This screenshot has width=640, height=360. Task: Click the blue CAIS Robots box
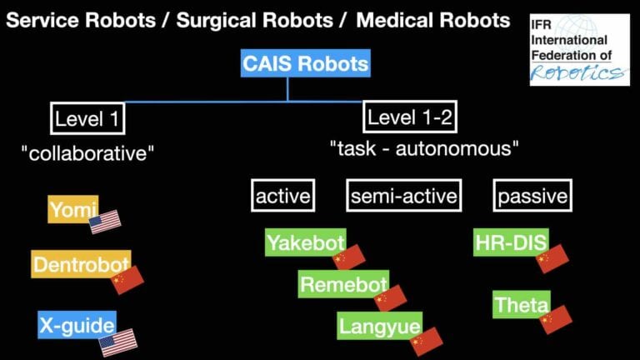click(305, 62)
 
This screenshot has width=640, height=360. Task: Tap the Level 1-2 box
click(410, 117)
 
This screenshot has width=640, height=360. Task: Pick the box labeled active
click(282, 197)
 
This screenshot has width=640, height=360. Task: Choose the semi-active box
click(403, 197)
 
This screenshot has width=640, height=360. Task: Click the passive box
click(533, 197)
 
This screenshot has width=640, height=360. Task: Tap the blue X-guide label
click(76, 323)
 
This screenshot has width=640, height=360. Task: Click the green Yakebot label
click(301, 242)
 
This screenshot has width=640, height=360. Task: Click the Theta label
click(521, 304)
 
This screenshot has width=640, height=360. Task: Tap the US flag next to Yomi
click(105, 221)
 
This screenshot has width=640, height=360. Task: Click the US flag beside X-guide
click(117, 342)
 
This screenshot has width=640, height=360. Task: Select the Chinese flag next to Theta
click(556, 319)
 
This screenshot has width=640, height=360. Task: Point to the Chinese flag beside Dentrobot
click(127, 279)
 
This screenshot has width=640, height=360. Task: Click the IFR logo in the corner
click(577, 49)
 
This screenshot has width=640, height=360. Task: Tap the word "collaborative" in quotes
click(89, 153)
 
